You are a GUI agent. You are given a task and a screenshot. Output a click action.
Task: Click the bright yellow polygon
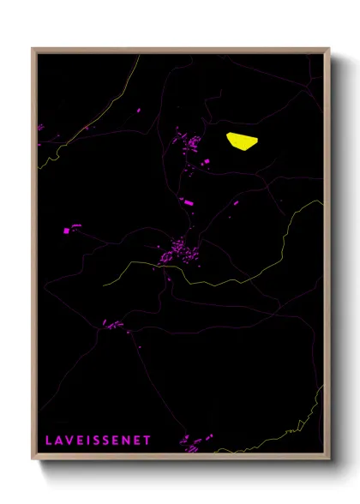click(242, 141)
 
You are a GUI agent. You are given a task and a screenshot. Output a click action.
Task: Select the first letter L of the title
click(49, 440)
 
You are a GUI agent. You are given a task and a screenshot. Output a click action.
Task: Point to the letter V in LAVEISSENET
click(70, 440)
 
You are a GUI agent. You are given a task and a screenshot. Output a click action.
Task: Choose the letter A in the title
click(59, 440)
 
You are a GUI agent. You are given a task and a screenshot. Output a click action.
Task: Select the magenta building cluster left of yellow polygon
click(189, 143)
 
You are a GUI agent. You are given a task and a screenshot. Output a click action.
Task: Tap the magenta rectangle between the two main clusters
click(188, 203)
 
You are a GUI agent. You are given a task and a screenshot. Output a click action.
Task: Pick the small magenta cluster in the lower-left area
click(113, 324)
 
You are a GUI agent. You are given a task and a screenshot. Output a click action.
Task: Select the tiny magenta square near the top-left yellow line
click(138, 110)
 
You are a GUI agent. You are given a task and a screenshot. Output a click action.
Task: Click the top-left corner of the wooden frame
click(33, 49)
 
